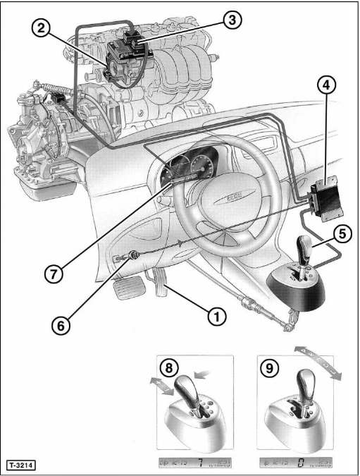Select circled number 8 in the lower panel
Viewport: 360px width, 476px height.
tap(169, 368)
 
